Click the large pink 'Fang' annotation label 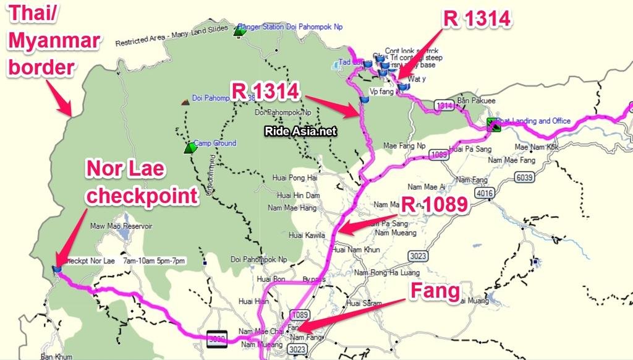click(x=436, y=291)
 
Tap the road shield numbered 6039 click(x=524, y=178)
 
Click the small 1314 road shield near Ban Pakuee click(x=444, y=106)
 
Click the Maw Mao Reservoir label click(x=121, y=226)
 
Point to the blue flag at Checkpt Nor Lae click(x=57, y=269)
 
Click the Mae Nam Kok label click(x=537, y=147)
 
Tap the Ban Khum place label click(x=56, y=356)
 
